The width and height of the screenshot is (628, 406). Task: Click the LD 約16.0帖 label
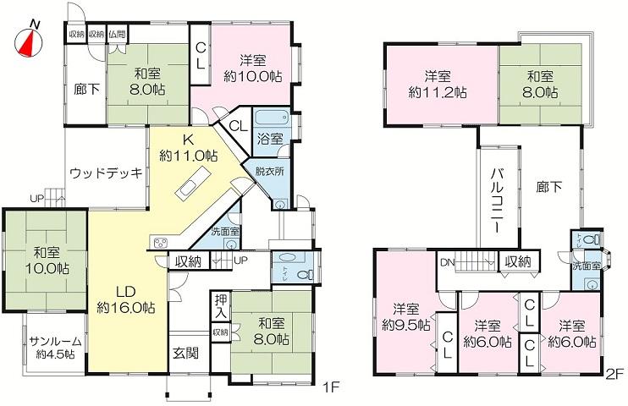125,299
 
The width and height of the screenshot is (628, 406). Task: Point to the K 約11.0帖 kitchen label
188,149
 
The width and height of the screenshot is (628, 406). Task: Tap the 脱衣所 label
269,170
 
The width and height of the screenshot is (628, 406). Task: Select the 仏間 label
117,35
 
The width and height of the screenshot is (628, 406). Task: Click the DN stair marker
447,261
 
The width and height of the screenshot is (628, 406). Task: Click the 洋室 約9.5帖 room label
411,315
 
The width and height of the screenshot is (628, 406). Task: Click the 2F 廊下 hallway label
549,189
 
